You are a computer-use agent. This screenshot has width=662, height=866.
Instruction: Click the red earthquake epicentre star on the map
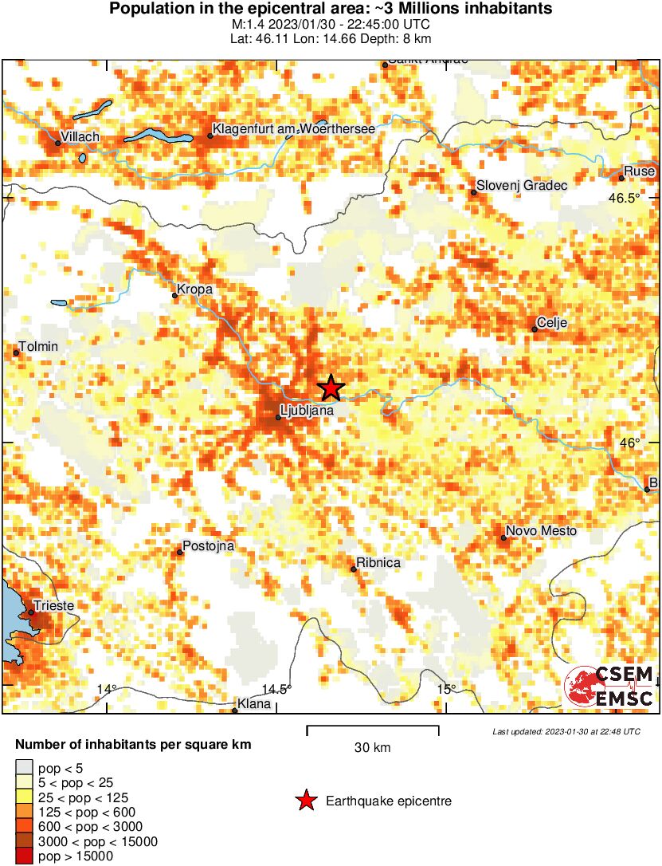[x=331, y=388]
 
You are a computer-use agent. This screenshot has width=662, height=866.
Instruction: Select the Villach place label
[x=80, y=137]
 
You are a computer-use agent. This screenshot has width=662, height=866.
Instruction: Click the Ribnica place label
[x=379, y=563]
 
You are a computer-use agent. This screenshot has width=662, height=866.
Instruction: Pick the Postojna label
[x=208, y=546]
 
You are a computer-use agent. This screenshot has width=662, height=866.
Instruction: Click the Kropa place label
[x=194, y=289]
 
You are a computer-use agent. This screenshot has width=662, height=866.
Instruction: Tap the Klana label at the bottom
[x=255, y=705]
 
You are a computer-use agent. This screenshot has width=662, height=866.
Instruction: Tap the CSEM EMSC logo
[x=609, y=687]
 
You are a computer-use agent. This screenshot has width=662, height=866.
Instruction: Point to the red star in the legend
[x=305, y=801]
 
